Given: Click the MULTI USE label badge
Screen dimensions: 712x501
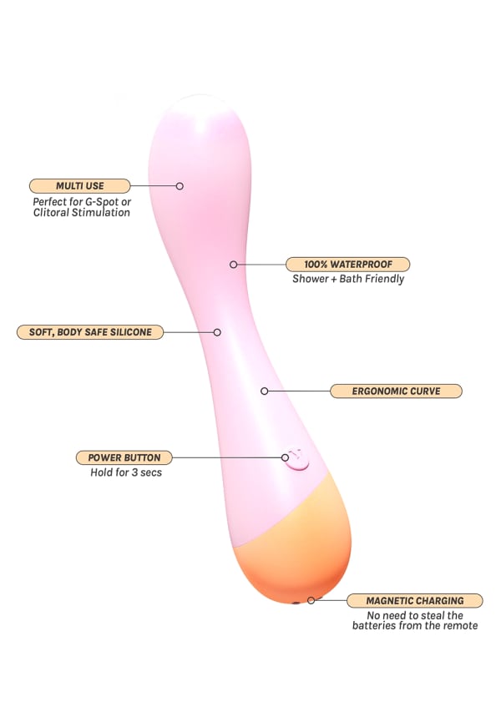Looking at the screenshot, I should point(79,185).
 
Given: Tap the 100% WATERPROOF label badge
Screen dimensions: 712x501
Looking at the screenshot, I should point(347,264).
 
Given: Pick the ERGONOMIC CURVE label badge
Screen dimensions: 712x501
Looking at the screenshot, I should point(396,391).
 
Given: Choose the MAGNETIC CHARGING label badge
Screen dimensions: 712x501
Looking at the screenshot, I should point(414,600).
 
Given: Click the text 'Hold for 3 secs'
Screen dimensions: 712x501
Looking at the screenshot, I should point(126,472).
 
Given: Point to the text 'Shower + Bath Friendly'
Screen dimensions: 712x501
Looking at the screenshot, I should point(348,279).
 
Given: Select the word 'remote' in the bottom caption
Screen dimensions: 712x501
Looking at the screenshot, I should point(458,625).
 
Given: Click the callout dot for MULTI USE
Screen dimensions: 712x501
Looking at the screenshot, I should point(180,185).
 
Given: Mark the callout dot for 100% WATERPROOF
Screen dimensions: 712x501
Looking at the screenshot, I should point(234,264).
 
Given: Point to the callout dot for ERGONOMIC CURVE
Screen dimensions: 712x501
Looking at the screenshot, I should point(265,391).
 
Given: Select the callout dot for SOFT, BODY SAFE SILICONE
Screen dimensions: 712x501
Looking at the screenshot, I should point(217,331).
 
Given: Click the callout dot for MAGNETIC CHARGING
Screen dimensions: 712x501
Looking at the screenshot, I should point(311,600).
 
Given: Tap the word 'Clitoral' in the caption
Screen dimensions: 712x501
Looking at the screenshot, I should point(53,213).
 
